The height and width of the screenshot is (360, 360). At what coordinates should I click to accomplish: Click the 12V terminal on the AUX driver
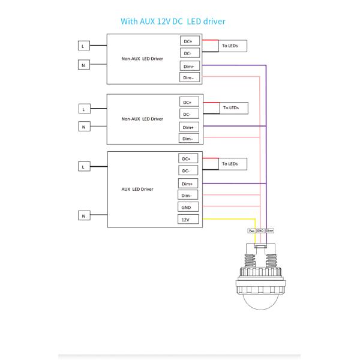187,220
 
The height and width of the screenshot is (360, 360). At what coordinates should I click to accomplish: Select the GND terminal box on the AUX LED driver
187,207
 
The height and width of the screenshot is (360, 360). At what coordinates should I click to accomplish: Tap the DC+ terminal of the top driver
188,41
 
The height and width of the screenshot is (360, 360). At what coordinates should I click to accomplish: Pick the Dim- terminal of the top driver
188,77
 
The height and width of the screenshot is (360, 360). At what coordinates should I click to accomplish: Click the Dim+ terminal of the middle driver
187,127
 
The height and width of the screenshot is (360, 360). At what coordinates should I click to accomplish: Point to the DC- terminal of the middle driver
187,114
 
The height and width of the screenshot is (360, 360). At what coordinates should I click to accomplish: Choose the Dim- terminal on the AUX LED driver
187,195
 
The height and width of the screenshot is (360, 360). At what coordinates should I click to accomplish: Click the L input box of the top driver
85,46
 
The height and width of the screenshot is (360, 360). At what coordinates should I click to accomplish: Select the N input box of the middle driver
83,126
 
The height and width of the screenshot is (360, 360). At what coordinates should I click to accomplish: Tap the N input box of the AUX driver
83,215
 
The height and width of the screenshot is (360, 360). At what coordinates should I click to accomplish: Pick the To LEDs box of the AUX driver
230,163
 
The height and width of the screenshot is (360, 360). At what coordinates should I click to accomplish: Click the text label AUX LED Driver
137,189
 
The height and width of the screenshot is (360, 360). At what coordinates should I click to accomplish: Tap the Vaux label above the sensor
251,230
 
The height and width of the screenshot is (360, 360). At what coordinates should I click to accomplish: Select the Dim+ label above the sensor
270,230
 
